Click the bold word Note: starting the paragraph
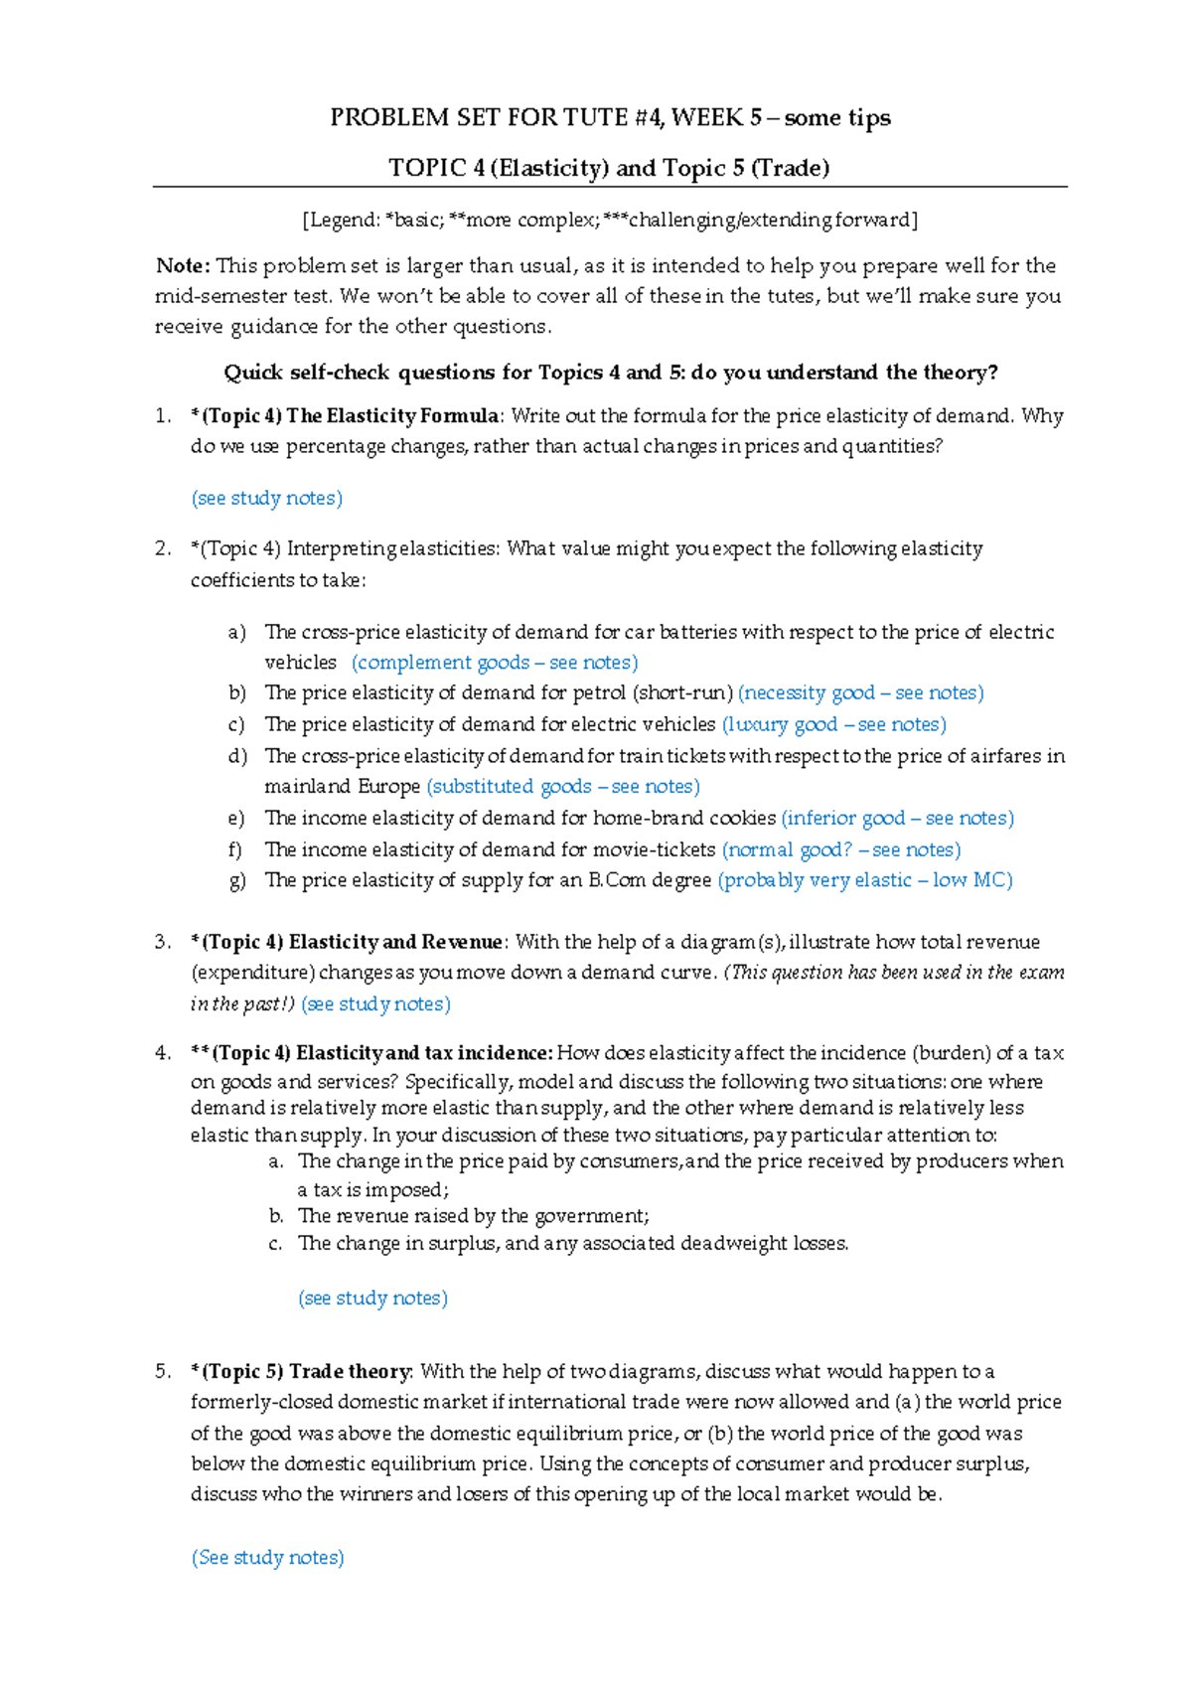(183, 265)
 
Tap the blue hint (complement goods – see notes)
(494, 663)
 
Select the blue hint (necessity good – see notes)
(860, 693)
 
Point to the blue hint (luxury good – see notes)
(833, 724)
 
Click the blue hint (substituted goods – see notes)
(562, 787)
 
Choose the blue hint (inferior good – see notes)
(897, 819)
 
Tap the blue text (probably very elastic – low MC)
(864, 880)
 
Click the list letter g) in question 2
(236, 880)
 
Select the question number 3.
(164, 942)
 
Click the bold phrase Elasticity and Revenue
(395, 942)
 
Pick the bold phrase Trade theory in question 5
(350, 1372)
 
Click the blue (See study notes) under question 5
(267, 1558)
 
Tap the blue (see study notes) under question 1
(266, 499)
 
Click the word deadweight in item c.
(734, 1244)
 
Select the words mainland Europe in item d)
(342, 787)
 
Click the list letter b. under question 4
(276, 1216)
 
